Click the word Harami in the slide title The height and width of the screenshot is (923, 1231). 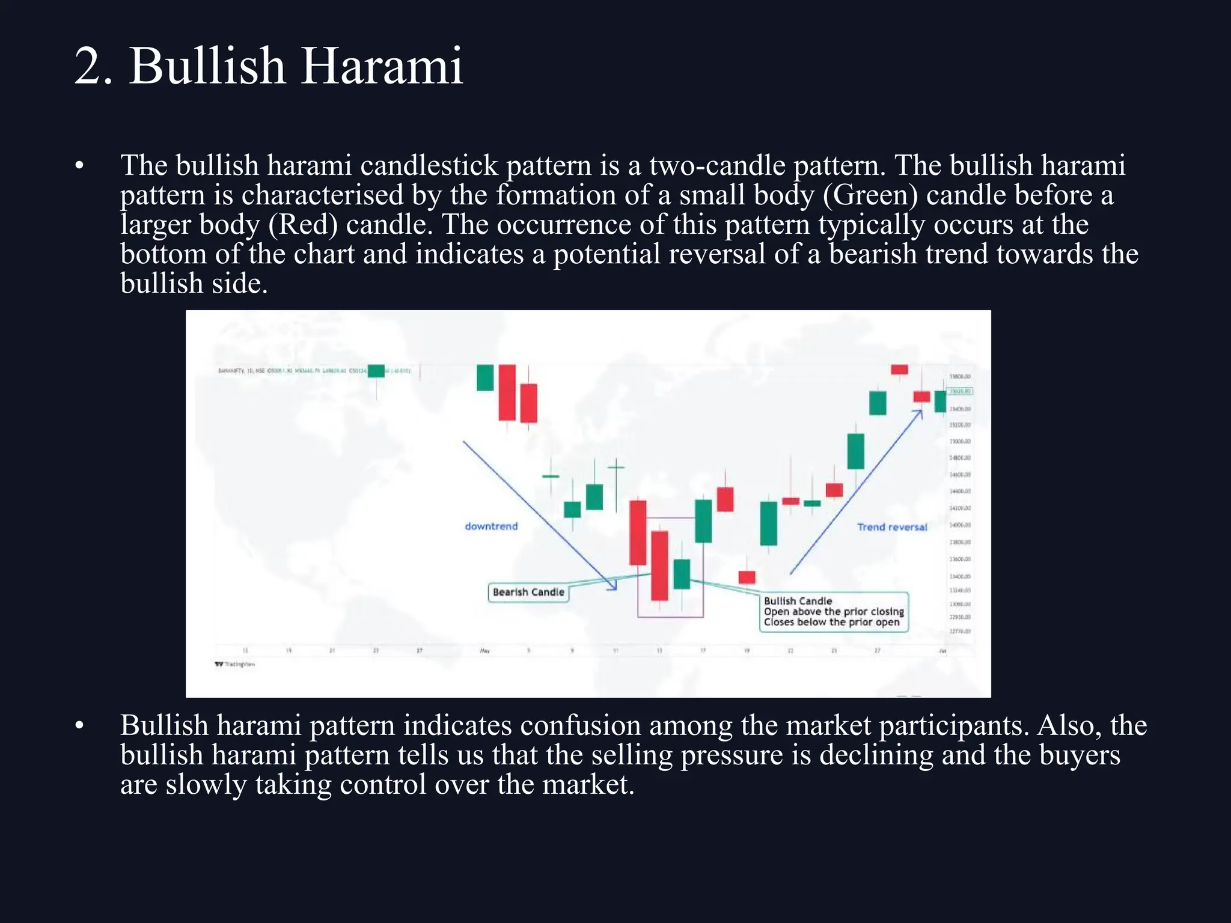pyautogui.click(x=382, y=66)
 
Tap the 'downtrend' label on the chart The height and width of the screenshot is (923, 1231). pyautogui.click(x=491, y=526)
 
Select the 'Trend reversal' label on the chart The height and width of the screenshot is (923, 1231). pyautogui.click(x=892, y=527)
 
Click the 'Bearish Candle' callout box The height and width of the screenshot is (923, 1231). pyautogui.click(x=528, y=592)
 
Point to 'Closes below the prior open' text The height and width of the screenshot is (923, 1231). pyautogui.click(x=831, y=623)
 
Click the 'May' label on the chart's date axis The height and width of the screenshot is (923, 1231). pyautogui.click(x=484, y=651)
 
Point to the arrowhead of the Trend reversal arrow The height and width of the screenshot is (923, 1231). pyautogui.click(x=920, y=412)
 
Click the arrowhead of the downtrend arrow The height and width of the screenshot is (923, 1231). pyautogui.click(x=614, y=587)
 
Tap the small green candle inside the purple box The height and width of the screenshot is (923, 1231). pyautogui.click(x=682, y=574)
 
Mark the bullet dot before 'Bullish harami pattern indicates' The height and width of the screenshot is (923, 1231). pyautogui.click(x=79, y=726)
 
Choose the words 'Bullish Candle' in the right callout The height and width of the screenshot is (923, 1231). pyautogui.click(x=798, y=601)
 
